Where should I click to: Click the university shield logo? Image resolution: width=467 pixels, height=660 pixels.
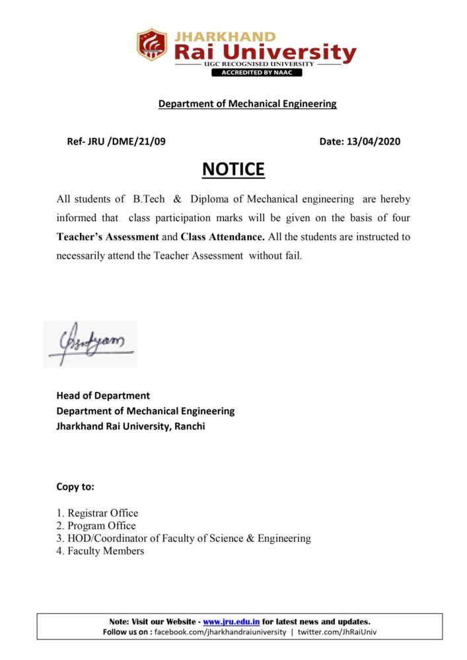[152, 45]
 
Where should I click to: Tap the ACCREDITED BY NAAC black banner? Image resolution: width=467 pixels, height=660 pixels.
[257, 73]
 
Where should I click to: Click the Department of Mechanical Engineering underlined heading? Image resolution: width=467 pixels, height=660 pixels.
[247, 104]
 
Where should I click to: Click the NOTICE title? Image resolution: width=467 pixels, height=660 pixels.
[233, 170]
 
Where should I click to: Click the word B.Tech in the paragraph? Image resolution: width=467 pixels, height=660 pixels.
[149, 199]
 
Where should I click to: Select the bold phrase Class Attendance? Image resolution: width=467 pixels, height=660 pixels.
[223, 236]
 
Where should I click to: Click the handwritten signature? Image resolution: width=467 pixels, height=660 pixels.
[90, 344]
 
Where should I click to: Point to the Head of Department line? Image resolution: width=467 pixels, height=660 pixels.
[103, 396]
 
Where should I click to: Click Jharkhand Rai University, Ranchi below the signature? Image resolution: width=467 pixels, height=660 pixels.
[131, 426]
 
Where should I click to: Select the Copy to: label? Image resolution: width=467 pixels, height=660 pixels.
[75, 487]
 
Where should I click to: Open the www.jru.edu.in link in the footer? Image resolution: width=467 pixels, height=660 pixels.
[231, 622]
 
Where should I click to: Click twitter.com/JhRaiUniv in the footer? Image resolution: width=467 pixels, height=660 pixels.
[337, 632]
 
